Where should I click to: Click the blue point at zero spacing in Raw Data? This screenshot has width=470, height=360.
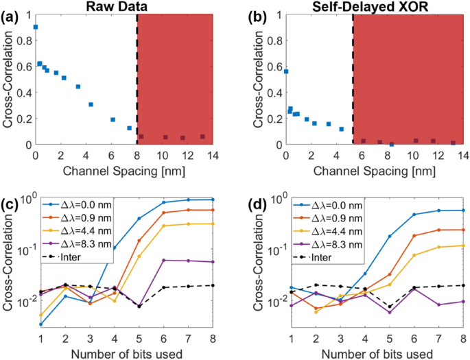click(x=36, y=27)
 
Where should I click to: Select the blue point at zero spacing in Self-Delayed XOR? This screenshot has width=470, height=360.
click(x=286, y=71)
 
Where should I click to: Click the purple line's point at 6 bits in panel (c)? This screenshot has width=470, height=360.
click(x=163, y=260)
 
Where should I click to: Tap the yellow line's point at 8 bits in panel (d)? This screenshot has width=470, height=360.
click(x=463, y=245)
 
